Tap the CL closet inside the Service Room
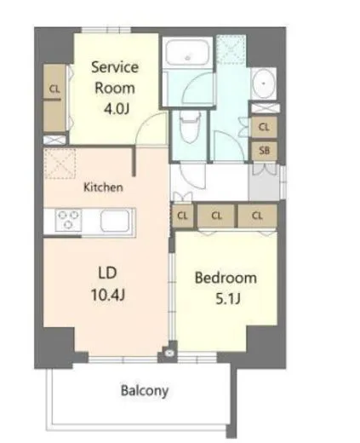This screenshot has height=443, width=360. coord(54,89)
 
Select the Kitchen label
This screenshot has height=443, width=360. coord(103,187)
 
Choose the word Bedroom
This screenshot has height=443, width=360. coord(226,279)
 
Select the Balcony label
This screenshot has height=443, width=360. coord(143,392)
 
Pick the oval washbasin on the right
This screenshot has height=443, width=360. coord(262,84)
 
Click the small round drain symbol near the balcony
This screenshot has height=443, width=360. coord(171,350)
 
